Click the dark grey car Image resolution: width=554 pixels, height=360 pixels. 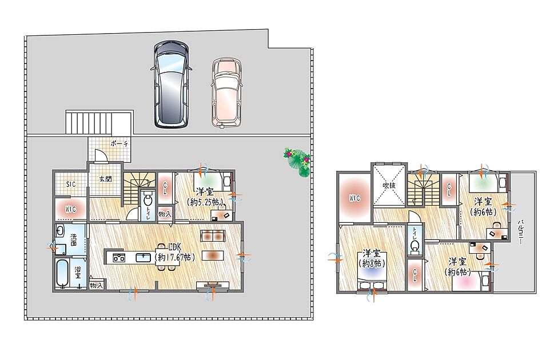tap(171, 84)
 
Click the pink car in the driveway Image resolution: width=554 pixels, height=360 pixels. tap(227, 93)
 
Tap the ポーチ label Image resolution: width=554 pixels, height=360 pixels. tap(119, 144)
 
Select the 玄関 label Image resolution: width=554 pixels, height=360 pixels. tap(105, 179)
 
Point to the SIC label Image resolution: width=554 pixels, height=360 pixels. tap(71, 185)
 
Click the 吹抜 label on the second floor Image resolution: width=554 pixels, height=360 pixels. tap(389, 185)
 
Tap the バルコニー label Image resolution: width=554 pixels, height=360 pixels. tap(520, 232)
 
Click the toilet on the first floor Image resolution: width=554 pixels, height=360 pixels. tap(148, 200)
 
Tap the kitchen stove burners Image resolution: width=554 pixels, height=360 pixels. tap(119, 258)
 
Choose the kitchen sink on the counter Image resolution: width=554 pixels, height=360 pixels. tap(144, 258)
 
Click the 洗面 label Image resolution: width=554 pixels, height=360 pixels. tap(74, 239)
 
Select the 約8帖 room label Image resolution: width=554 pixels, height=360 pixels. tap(372, 263)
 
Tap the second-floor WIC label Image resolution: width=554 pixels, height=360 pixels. tap(354, 198)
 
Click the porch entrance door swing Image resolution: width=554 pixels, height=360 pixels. tap(101, 155)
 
